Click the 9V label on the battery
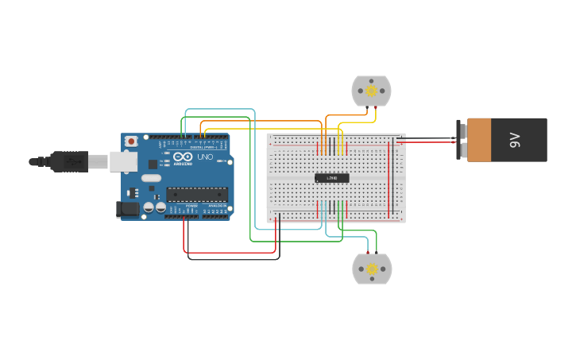pos(514,141)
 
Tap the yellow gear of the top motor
pos(371,91)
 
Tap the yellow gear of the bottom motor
pos(372,269)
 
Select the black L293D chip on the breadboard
pos(332,177)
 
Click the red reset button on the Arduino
pos(130,141)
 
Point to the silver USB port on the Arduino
pos(122,161)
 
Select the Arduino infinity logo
pos(183,157)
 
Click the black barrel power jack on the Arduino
pos(127,210)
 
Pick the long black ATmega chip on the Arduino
pos(197,193)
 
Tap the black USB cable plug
pos(71,161)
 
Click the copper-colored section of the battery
pos(479,140)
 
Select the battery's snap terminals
pos(459,140)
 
